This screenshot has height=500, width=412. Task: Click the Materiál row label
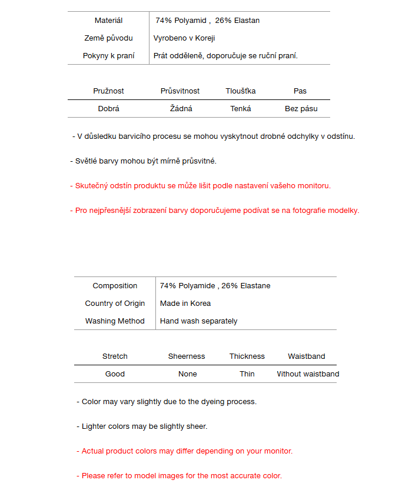pyautogui.click(x=108, y=21)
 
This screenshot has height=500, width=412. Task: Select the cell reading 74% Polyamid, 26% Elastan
pyautogui.click(x=207, y=21)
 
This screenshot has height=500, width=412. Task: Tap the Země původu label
pyautogui.click(x=108, y=38)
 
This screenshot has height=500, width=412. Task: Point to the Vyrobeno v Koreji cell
pyautogui.click(x=184, y=38)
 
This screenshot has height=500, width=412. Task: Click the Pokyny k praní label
pyautogui.click(x=108, y=56)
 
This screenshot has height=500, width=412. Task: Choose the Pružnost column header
pyautogui.click(x=108, y=91)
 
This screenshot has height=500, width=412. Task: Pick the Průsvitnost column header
pyautogui.click(x=180, y=91)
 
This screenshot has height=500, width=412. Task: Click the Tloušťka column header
pyautogui.click(x=241, y=91)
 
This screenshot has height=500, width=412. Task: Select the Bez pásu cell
pyautogui.click(x=301, y=109)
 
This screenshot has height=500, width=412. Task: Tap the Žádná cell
pyautogui.click(x=181, y=109)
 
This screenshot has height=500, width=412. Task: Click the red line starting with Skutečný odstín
pyautogui.click(x=200, y=186)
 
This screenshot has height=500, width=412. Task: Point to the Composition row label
pyautogui.click(x=115, y=286)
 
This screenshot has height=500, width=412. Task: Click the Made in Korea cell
pyautogui.click(x=185, y=304)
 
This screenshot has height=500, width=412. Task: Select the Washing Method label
pyautogui.click(x=115, y=321)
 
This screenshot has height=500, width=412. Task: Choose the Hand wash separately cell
pyautogui.click(x=199, y=321)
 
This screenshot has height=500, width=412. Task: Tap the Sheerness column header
pyautogui.click(x=187, y=356)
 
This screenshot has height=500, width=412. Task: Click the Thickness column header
pyautogui.click(x=247, y=356)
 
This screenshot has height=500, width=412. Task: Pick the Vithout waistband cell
pyautogui.click(x=308, y=374)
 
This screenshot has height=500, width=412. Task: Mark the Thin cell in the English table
pyautogui.click(x=247, y=374)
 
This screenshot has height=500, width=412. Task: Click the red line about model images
pyautogui.click(x=179, y=476)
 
